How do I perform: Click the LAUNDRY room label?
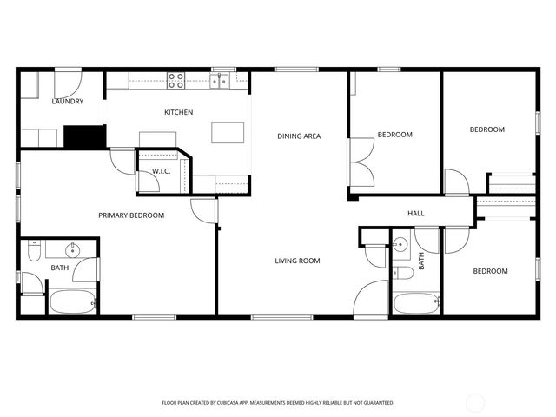(68, 102)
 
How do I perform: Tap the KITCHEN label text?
(179, 112)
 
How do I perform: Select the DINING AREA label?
(300, 136)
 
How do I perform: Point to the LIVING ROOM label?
(298, 261)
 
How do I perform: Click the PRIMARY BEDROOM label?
(131, 215)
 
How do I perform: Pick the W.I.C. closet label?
(161, 171)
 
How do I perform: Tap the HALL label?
(416, 214)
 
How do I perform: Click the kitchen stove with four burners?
(176, 81)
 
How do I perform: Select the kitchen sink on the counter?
(220, 82)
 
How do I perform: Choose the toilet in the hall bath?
(403, 273)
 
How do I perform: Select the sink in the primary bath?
(74, 250)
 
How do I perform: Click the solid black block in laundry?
(84, 137)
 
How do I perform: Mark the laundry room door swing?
(68, 84)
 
